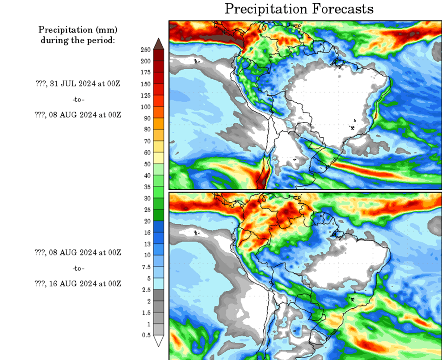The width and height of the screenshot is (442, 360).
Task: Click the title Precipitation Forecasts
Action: (299, 9)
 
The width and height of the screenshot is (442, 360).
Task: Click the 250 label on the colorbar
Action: (146, 50)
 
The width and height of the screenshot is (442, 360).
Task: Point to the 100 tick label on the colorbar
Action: (146, 107)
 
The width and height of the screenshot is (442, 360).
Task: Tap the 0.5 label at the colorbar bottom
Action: (146, 335)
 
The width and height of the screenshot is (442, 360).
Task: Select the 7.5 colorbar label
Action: (146, 266)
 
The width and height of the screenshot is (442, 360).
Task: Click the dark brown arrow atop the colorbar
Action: (159, 44)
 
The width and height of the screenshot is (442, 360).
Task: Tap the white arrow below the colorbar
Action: (159, 341)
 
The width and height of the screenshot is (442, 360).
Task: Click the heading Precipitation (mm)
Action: (78, 30)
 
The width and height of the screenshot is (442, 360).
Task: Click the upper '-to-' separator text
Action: (78, 99)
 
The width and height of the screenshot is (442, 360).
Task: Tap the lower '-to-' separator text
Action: (78, 268)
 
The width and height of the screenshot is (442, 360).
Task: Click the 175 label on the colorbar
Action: (146, 72)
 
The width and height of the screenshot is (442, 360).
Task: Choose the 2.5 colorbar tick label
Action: (146, 289)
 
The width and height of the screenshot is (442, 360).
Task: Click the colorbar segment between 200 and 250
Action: (159, 55)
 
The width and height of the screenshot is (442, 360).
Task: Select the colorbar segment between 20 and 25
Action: (159, 215)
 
